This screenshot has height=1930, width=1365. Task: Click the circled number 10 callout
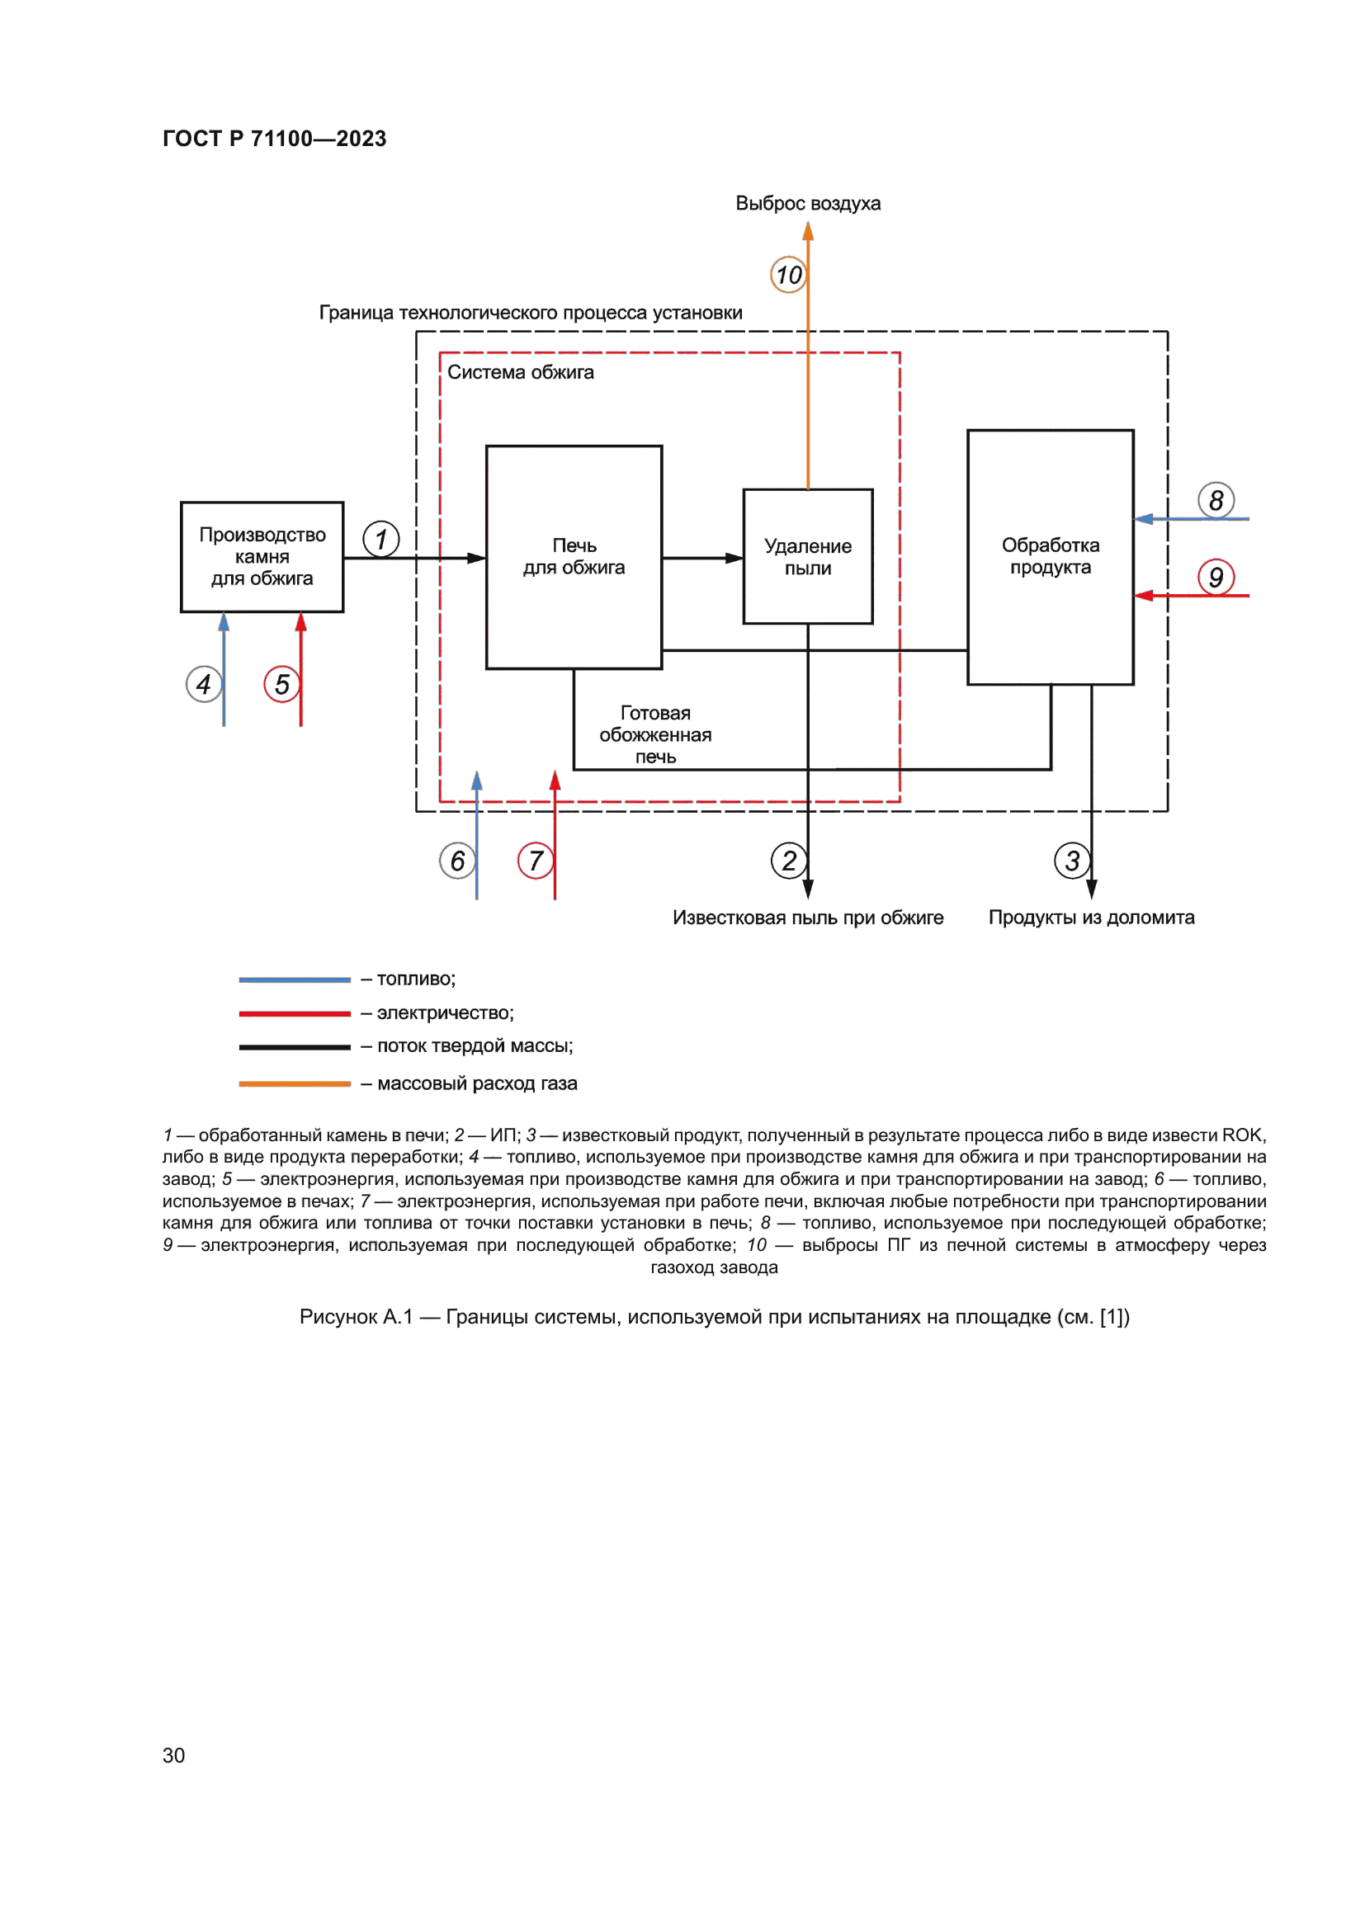click(x=788, y=275)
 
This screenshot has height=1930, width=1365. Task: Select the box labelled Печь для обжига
click(x=574, y=556)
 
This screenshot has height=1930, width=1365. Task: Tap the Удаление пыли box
click(x=808, y=556)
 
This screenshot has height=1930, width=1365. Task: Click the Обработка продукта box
click(x=1050, y=556)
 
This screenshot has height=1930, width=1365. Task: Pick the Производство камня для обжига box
click(x=262, y=556)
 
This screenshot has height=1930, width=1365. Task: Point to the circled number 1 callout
click(x=380, y=539)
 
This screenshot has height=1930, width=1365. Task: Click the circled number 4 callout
click(x=203, y=684)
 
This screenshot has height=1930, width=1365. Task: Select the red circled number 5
click(x=281, y=684)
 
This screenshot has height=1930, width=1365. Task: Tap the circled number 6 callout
click(x=457, y=861)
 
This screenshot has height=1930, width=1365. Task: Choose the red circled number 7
click(x=536, y=861)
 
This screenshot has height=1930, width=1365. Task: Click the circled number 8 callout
click(x=1216, y=500)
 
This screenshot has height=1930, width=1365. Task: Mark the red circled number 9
click(x=1216, y=578)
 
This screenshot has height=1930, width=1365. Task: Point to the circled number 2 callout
click(x=788, y=861)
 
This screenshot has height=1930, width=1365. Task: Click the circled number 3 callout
click(x=1072, y=861)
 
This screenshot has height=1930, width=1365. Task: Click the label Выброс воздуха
click(x=808, y=204)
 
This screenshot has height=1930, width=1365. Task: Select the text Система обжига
click(x=520, y=372)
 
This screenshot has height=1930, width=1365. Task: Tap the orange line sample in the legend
click(x=294, y=1083)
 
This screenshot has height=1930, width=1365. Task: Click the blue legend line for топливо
click(x=294, y=979)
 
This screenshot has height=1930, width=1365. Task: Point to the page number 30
click(x=173, y=1755)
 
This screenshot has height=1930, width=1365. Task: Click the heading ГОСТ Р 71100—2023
click(x=274, y=139)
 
